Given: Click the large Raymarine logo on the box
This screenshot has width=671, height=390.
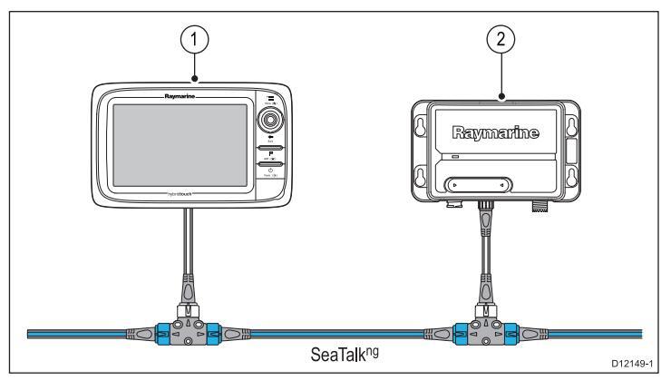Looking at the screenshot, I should pyautogui.click(x=501, y=134).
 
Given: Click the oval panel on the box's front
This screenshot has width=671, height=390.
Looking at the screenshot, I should pyautogui.click(x=478, y=185).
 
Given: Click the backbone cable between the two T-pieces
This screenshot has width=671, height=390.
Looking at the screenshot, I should pyautogui.click(x=335, y=333).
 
